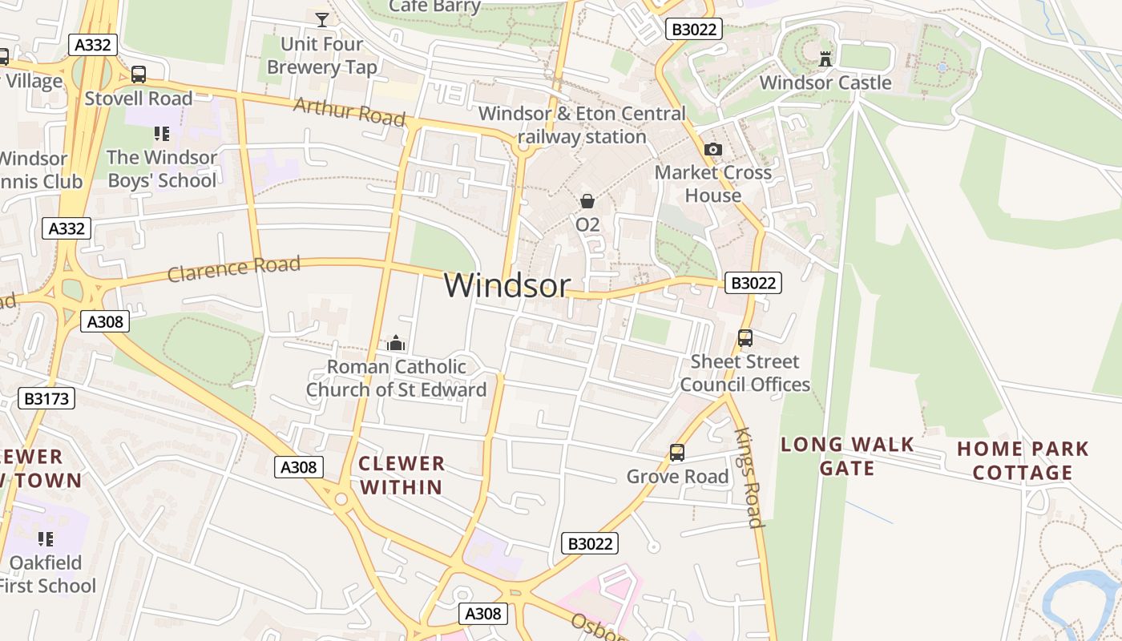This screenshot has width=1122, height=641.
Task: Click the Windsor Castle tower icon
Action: (825, 58)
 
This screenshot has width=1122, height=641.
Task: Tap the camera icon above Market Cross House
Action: (712, 149)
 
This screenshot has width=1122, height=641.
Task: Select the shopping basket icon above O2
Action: (587, 201)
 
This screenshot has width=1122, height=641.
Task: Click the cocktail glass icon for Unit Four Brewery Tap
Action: (322, 20)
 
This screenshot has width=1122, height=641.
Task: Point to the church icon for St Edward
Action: (396, 344)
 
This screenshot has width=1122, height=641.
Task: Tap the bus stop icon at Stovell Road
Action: (139, 75)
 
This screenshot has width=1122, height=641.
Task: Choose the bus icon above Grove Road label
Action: (677, 454)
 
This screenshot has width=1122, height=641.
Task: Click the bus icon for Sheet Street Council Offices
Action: (745, 338)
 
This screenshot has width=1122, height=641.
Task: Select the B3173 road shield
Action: (46, 398)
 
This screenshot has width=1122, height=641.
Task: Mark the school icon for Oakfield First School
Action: (46, 539)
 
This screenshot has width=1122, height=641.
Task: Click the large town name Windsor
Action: (507, 285)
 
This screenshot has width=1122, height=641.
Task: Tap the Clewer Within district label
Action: (401, 475)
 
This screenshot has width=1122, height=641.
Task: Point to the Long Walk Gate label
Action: (847, 456)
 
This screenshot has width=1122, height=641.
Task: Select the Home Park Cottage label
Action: (1023, 461)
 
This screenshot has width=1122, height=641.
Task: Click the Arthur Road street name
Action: (349, 111)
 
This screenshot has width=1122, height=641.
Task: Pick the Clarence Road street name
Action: (234, 268)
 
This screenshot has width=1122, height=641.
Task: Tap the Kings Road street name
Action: (749, 478)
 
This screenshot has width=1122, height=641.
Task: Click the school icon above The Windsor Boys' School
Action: (162, 134)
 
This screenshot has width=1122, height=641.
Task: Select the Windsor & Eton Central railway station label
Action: (583, 125)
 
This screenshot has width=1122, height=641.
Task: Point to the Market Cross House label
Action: (712, 183)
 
